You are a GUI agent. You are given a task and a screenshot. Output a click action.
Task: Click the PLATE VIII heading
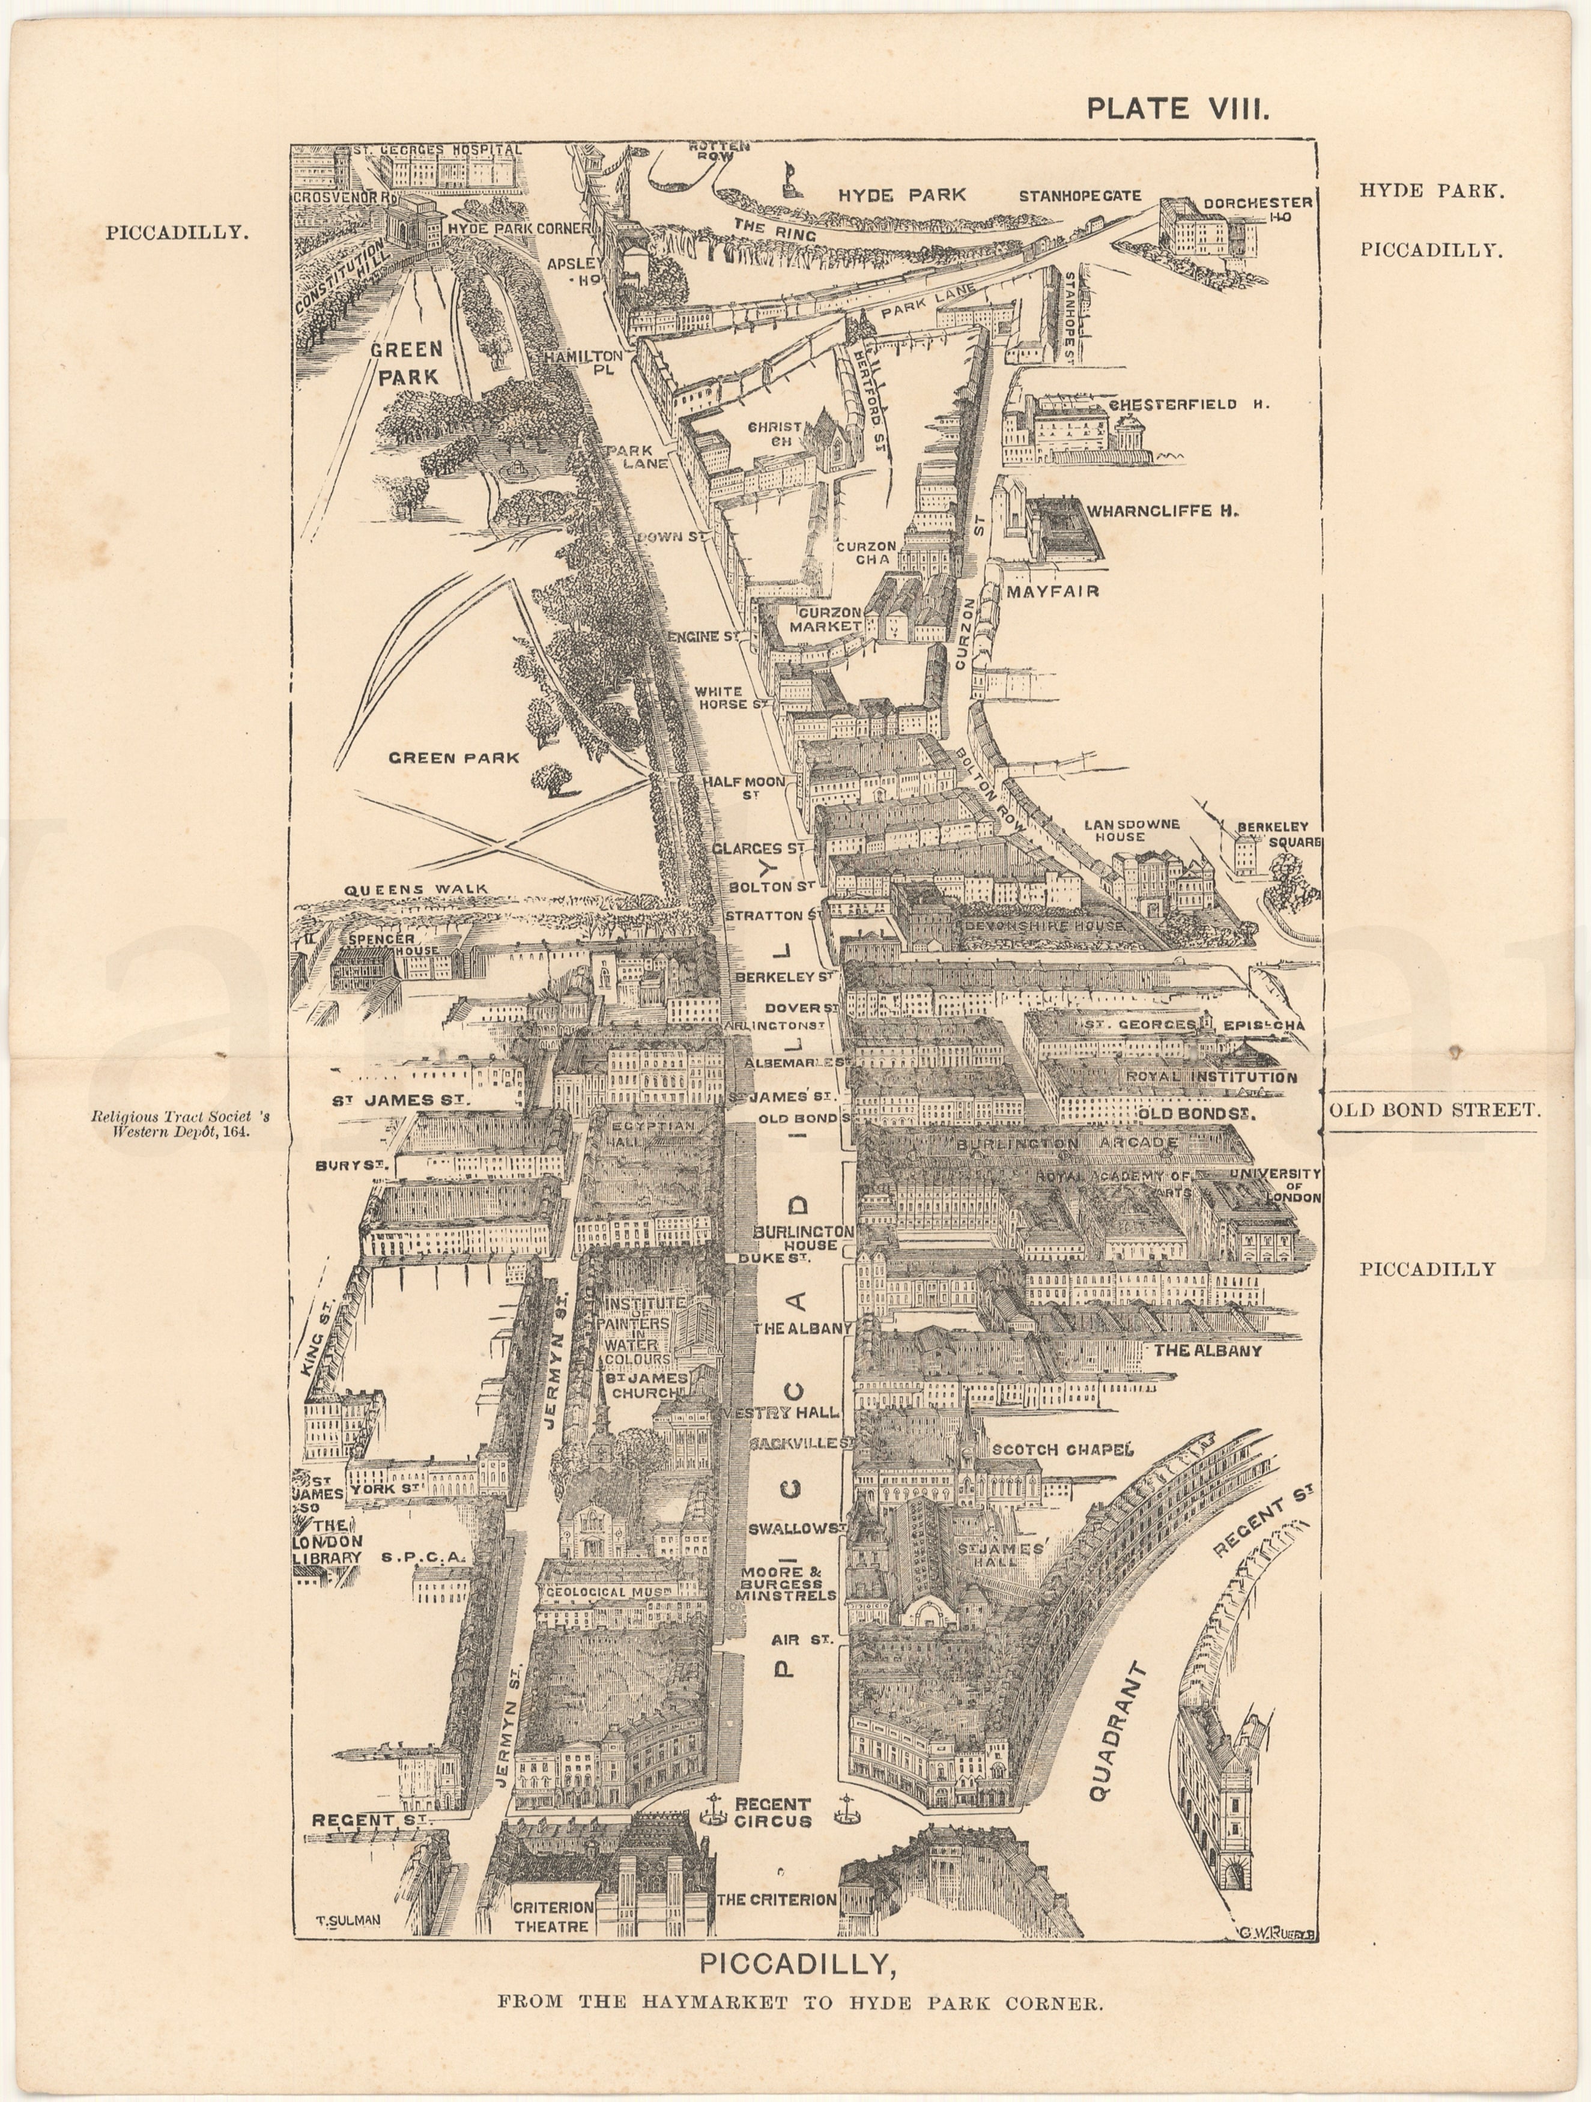(x=1178, y=108)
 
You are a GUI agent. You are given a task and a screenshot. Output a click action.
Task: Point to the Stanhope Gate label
(x=1079, y=196)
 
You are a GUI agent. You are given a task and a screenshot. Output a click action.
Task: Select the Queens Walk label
(x=416, y=889)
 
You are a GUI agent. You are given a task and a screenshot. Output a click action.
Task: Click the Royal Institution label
(x=1211, y=1077)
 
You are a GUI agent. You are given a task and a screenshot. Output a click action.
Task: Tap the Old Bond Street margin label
(x=1432, y=1110)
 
